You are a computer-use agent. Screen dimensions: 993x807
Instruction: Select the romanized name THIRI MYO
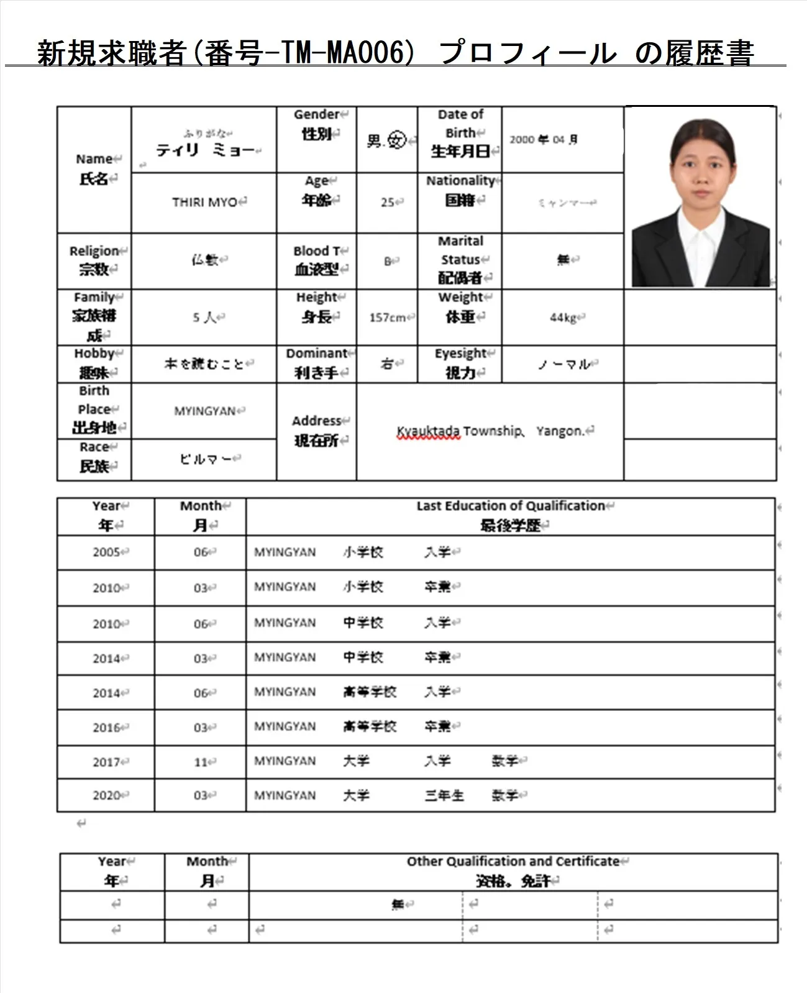click(x=205, y=202)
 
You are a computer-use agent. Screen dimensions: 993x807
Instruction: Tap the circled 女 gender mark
click(x=396, y=140)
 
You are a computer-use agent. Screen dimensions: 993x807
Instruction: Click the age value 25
click(x=388, y=202)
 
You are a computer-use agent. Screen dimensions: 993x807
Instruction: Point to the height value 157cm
click(x=387, y=318)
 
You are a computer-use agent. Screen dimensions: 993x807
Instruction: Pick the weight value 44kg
click(x=563, y=318)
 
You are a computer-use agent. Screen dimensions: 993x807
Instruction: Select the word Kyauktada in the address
click(x=429, y=431)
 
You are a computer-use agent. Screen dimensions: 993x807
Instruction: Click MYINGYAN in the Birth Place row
click(x=204, y=411)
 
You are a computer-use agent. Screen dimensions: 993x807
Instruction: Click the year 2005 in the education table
click(x=106, y=552)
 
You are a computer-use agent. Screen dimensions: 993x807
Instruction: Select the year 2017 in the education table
click(x=106, y=762)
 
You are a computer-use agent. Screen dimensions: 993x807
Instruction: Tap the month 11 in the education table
click(x=201, y=762)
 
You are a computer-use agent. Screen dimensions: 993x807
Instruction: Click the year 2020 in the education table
click(x=106, y=795)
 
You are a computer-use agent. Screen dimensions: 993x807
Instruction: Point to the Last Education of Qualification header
click(x=511, y=506)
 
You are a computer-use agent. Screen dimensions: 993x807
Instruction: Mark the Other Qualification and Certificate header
click(x=513, y=861)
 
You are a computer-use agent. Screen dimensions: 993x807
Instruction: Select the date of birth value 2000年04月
click(x=544, y=140)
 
